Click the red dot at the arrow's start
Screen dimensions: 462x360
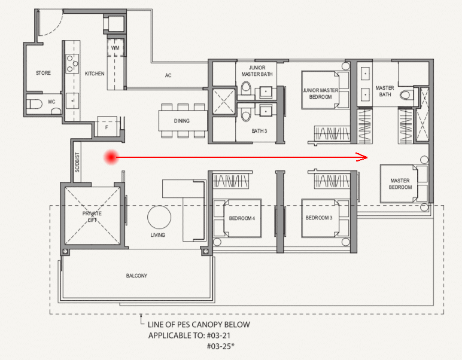[x=111, y=157]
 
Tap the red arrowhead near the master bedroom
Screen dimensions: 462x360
[x=362, y=157]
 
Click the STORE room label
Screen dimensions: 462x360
[x=43, y=73]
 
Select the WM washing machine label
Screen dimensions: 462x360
[x=115, y=48]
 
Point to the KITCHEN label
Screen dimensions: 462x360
[x=95, y=74]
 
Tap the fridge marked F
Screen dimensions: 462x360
[x=107, y=126]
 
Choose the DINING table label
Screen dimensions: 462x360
[x=182, y=121]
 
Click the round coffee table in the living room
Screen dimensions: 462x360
[x=159, y=217]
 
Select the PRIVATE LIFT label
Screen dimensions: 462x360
[x=92, y=216]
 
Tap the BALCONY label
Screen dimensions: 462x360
[x=136, y=276]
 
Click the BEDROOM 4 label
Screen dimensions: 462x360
[x=242, y=218]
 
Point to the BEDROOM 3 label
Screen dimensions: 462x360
[x=319, y=218]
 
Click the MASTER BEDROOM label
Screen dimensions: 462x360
[x=400, y=184]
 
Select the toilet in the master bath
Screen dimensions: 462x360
[x=406, y=95]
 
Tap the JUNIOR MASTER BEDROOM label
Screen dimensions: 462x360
[x=321, y=94]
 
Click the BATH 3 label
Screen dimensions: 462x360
[x=259, y=131]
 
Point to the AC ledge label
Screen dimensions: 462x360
[x=168, y=75]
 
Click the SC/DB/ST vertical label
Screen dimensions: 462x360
[x=77, y=162]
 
